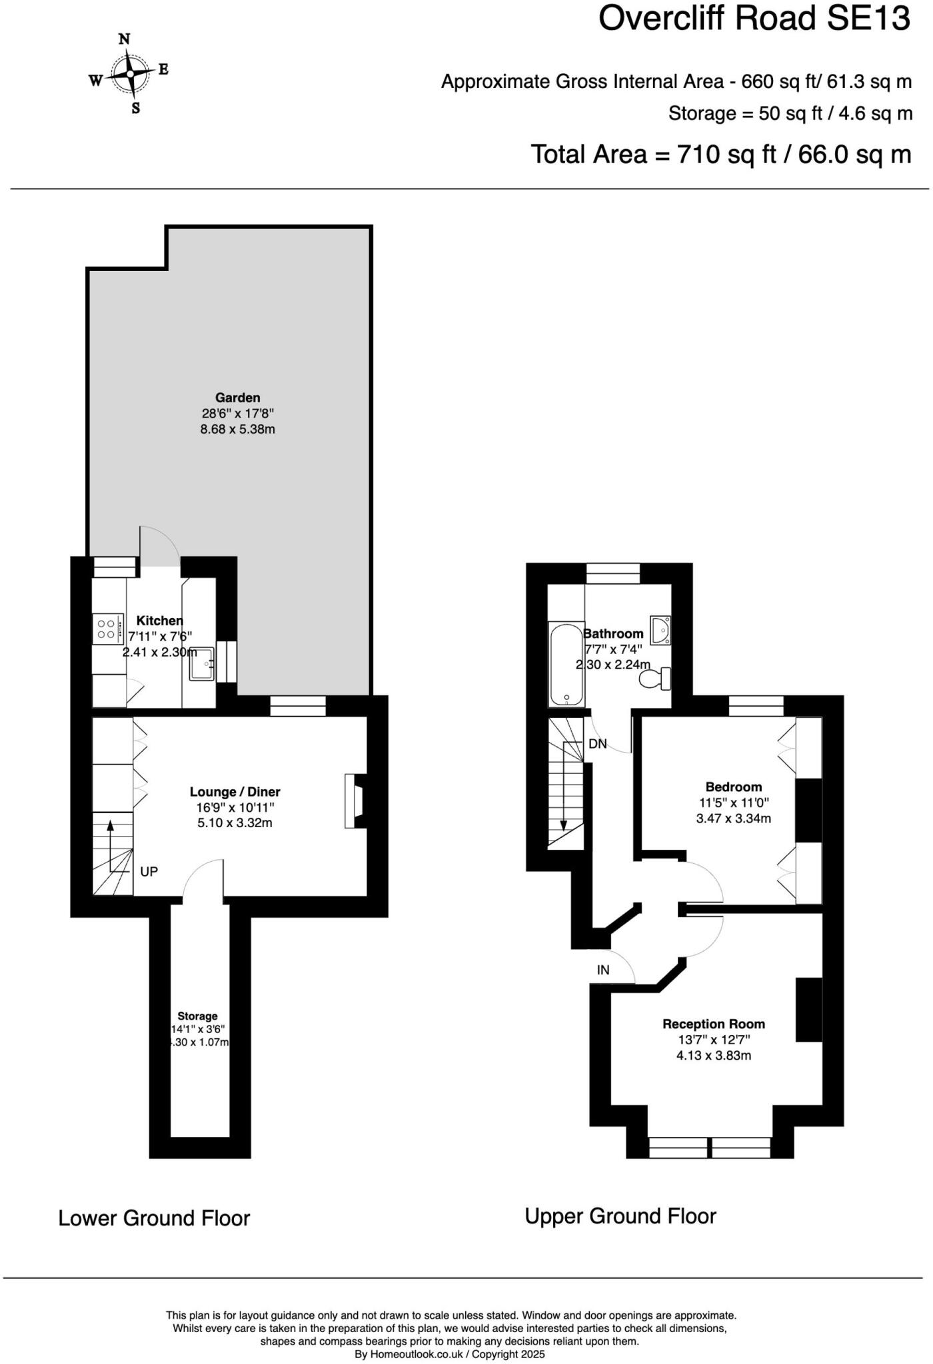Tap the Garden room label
point(237,398)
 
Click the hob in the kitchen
point(107,629)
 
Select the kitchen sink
point(201,663)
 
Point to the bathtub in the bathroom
point(566,664)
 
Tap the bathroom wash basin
point(660,630)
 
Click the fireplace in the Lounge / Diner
point(353,801)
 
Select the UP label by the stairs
point(149,871)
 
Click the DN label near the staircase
point(598,744)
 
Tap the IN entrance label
point(602,970)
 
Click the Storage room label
point(197,1016)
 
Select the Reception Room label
point(713,1024)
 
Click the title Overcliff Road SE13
point(754,19)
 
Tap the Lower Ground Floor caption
point(154,1219)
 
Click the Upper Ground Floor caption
point(620,1217)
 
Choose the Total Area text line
point(720,155)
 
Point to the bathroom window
point(613,573)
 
